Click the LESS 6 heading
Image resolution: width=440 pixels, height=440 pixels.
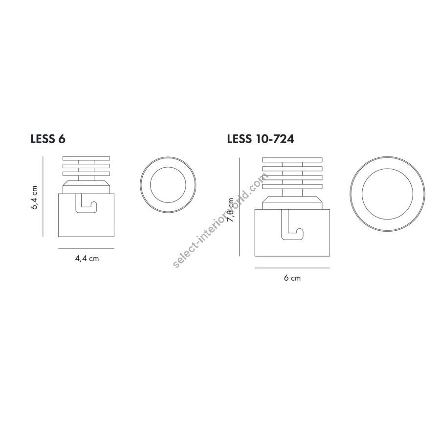(48, 139)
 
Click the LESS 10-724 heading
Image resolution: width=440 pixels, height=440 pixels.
(261, 139)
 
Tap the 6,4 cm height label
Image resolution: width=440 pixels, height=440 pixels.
(34, 198)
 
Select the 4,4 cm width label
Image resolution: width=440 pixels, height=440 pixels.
(87, 259)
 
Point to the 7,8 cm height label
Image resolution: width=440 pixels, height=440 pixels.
(231, 210)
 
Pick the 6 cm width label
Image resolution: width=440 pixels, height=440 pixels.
(292, 278)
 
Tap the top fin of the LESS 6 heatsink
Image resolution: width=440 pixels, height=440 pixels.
(86, 158)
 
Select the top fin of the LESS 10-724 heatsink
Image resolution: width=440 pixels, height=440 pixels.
(292, 160)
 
